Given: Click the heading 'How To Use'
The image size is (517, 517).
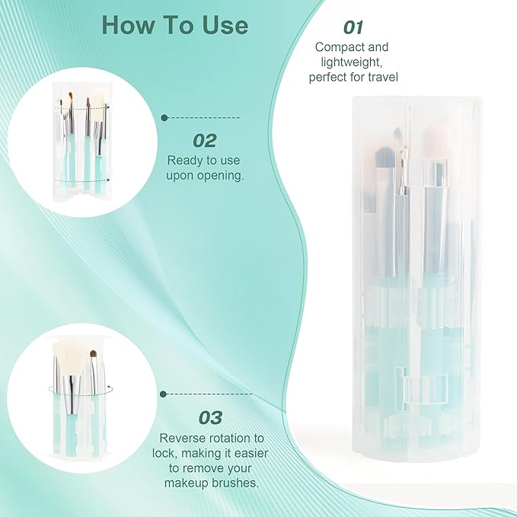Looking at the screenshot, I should pos(175,25).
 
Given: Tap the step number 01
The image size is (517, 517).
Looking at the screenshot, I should pos(353,27).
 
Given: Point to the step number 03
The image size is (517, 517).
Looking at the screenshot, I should pos(210,417).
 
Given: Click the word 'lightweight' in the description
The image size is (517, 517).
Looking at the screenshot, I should pos(346,62).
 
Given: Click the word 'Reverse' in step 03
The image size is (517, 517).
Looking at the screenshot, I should pos(181,438).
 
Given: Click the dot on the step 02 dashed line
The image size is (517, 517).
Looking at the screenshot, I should pos(164,118).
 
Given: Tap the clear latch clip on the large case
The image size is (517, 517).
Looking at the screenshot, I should pos(421,391).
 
